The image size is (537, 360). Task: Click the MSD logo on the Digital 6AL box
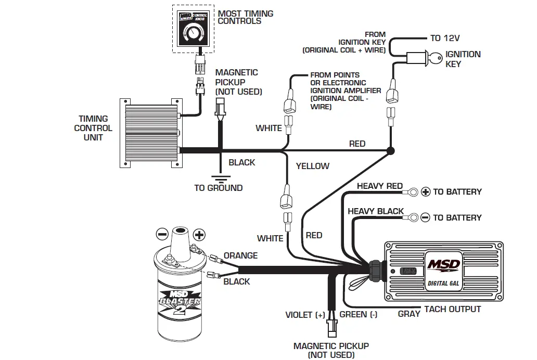point(443,264)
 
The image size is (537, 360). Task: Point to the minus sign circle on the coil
point(162,234)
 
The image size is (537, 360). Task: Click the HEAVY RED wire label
point(379,186)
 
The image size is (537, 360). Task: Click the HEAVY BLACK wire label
point(375,211)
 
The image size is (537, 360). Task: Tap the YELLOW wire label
point(313,166)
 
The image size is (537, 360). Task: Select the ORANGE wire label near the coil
point(240,255)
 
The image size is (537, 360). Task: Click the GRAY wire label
point(409,314)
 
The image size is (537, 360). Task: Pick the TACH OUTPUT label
point(452,309)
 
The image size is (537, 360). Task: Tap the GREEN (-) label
point(359,315)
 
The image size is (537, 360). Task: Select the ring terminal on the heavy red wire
point(412,192)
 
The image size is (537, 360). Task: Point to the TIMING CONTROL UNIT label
point(93,128)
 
